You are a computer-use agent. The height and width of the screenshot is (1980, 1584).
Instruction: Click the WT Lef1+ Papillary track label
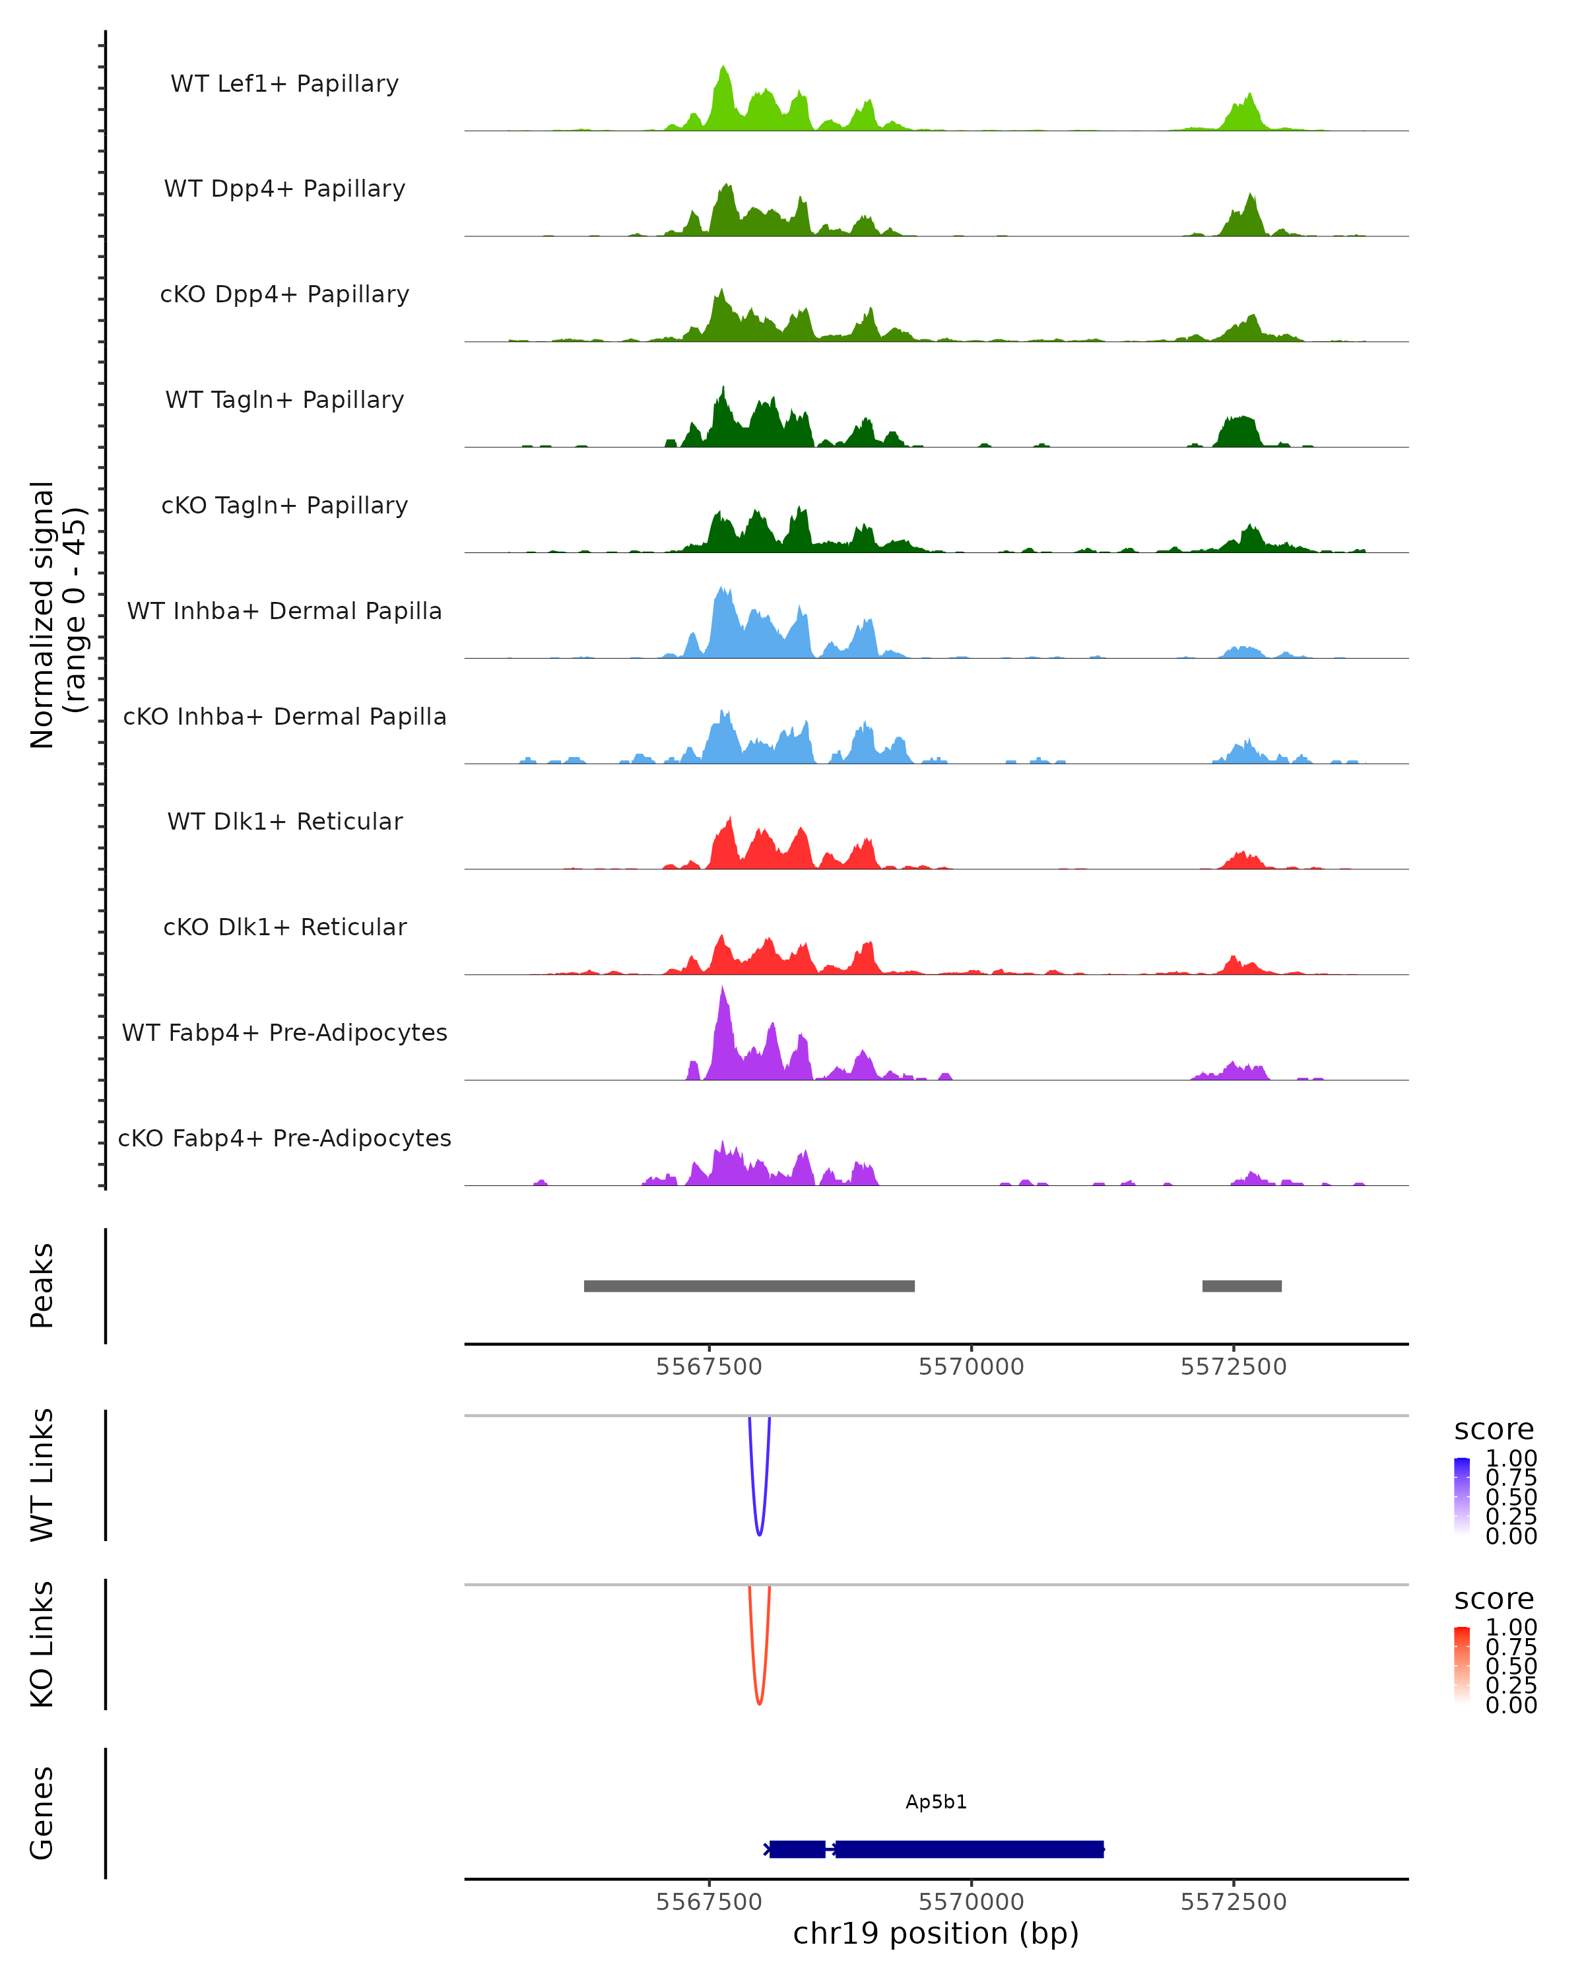click(284, 84)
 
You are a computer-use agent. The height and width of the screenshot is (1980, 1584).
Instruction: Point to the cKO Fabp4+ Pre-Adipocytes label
click(284, 1138)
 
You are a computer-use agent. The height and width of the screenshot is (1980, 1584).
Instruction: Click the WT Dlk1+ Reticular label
click(284, 821)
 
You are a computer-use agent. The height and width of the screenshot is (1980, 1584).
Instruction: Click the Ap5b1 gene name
click(936, 1802)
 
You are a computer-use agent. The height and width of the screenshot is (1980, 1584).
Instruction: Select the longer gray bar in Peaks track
click(749, 1286)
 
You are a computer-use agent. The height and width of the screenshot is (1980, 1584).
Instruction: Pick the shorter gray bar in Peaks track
click(1241, 1286)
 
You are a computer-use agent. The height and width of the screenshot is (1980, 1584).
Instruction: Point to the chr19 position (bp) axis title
click(936, 1933)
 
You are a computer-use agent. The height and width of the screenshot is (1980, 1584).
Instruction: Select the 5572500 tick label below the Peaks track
click(1234, 1367)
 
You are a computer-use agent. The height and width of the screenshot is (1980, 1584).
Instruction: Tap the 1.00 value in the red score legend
click(1511, 1628)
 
